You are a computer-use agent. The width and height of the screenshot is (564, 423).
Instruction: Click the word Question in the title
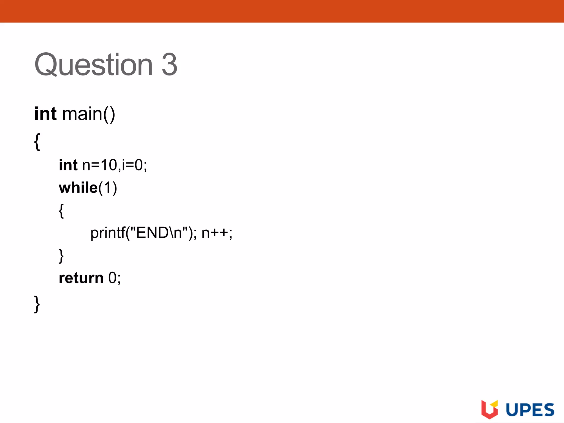point(94,65)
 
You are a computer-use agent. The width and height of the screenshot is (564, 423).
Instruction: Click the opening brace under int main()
point(37,142)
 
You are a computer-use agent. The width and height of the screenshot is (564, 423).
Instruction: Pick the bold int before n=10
point(68,165)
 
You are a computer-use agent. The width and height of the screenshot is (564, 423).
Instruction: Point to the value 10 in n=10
point(109,165)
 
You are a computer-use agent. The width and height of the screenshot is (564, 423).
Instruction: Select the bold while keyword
point(78,188)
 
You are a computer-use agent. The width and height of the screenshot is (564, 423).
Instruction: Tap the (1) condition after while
point(108,188)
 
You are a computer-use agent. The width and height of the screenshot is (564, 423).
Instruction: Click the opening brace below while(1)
point(61,211)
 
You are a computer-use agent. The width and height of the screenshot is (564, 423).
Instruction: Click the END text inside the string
point(152,233)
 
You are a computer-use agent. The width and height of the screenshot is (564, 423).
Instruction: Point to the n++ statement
point(216,233)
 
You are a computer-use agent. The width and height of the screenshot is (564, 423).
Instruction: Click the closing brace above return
point(61,256)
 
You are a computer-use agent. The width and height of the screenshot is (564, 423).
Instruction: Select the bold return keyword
point(81,278)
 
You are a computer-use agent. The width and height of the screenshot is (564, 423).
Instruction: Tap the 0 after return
point(112,278)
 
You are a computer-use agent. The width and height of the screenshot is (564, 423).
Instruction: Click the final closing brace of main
point(37,304)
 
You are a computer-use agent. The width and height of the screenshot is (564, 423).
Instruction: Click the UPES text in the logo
point(530,410)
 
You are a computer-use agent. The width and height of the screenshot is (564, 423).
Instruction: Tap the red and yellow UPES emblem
point(489,409)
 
